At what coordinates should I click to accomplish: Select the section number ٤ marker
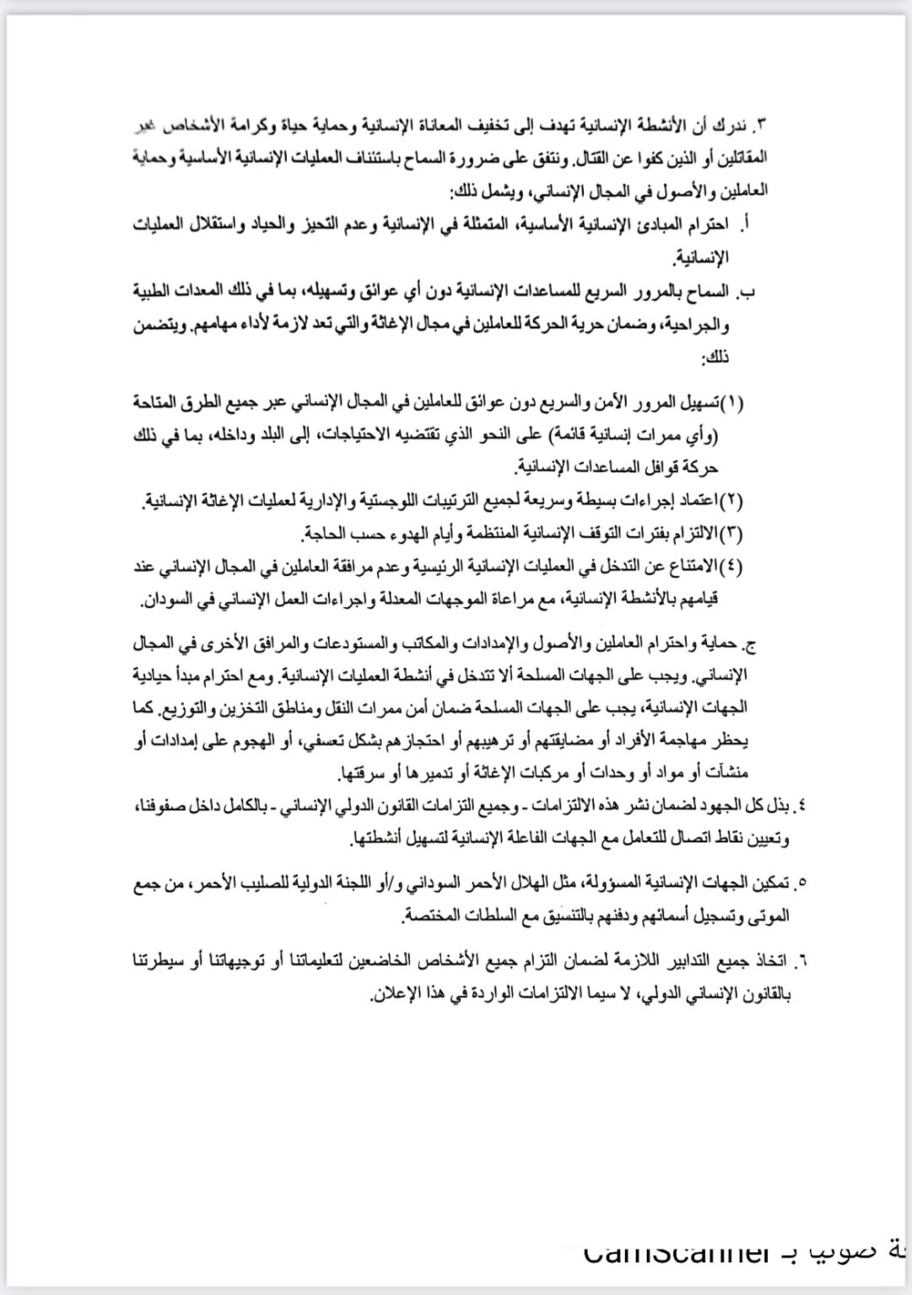pyautogui.click(x=801, y=807)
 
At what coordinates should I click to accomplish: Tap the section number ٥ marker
pyautogui.click(x=801, y=883)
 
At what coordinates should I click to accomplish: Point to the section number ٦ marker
pyautogui.click(x=801, y=959)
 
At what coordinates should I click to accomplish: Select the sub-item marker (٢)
pyautogui.click(x=734, y=502)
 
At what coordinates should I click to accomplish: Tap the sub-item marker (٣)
pyautogui.click(x=734, y=534)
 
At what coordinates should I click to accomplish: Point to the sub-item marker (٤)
pyautogui.click(x=734, y=565)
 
